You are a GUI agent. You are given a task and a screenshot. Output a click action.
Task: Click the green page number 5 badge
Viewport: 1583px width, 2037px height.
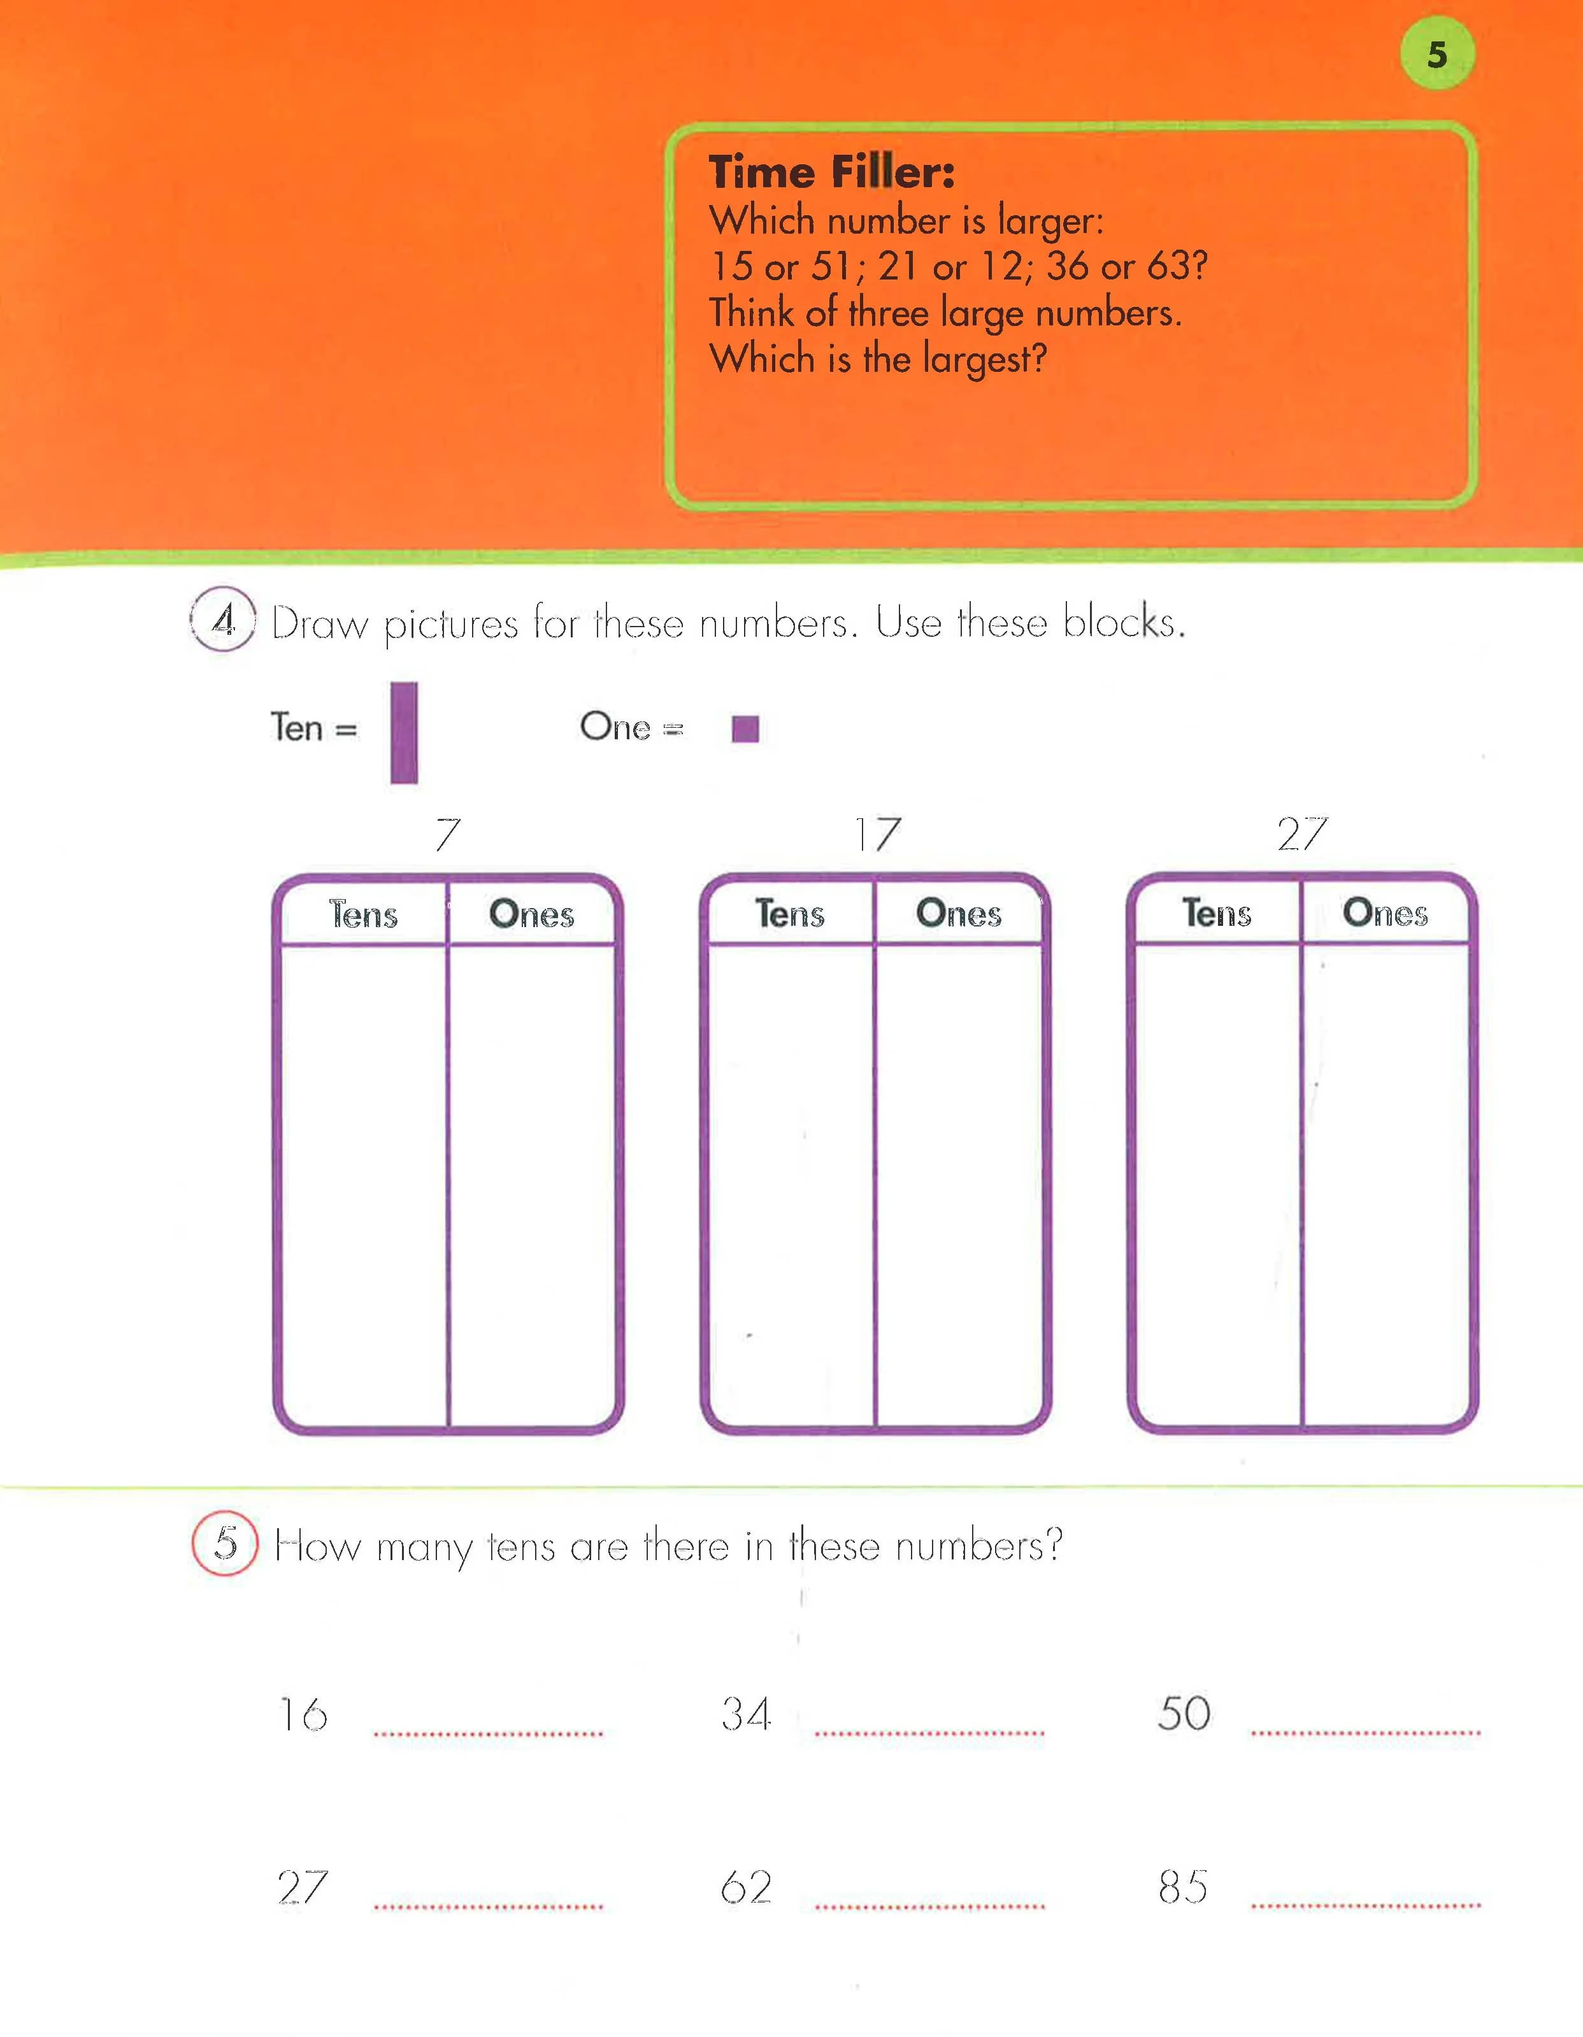point(1438,54)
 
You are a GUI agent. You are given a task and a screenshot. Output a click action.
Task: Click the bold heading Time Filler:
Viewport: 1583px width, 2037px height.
point(831,173)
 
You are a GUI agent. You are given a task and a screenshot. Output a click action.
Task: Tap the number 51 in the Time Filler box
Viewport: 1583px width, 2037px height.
point(830,267)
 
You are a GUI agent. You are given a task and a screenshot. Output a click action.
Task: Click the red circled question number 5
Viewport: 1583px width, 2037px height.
point(225,1543)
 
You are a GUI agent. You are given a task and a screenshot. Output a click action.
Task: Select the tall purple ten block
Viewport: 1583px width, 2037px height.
point(404,732)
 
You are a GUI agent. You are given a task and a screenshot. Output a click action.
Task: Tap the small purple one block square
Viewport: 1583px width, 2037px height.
point(745,728)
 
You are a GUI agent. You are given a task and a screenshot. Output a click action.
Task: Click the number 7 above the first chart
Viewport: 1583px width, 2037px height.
point(448,834)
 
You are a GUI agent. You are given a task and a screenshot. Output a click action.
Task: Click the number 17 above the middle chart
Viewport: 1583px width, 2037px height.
point(878,834)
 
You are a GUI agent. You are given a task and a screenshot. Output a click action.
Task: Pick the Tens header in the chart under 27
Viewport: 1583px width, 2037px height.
point(1217,912)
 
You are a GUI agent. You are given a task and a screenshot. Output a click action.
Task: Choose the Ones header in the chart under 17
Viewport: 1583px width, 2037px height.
point(958,913)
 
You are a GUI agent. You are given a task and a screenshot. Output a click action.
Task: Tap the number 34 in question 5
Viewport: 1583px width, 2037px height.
point(746,1714)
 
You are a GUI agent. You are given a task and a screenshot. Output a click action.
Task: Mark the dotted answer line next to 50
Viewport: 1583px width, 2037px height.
point(1366,1732)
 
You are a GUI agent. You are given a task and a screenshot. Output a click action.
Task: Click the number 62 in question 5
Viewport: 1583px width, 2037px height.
point(746,1888)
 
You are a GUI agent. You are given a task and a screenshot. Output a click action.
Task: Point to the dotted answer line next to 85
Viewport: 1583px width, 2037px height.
point(1366,1905)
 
